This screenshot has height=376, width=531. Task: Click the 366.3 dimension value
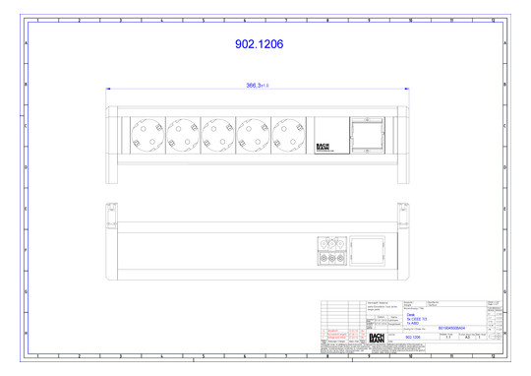[257, 86]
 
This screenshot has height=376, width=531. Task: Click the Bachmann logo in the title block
[379, 338]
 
